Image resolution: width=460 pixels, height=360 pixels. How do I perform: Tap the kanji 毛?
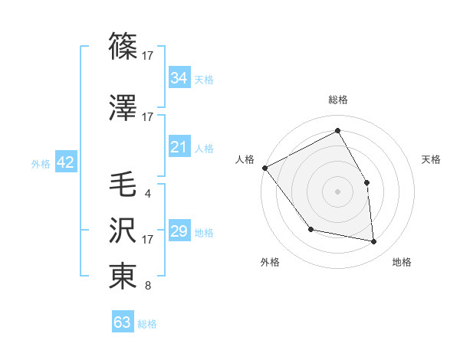[x=123, y=185]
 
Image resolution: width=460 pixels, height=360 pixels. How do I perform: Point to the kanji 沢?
[x=123, y=231]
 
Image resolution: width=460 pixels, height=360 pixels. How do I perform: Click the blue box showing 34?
[x=179, y=77]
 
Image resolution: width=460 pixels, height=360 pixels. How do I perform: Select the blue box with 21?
[x=179, y=147]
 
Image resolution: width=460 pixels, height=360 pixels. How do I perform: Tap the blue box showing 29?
[x=179, y=231]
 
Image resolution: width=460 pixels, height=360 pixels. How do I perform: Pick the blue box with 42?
[x=64, y=162]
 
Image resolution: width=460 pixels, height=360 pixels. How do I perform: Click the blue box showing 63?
[x=123, y=322]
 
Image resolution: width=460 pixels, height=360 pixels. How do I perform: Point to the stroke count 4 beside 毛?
[x=147, y=193]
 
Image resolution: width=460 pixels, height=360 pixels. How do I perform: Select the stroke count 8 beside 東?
[x=147, y=286]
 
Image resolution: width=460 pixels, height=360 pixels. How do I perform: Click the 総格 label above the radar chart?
[x=337, y=100]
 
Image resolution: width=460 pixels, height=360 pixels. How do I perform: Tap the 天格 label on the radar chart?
[x=431, y=159]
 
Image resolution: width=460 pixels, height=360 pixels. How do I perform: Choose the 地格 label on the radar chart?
[x=402, y=262]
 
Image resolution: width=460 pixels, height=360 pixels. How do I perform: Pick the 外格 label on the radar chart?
[x=270, y=262]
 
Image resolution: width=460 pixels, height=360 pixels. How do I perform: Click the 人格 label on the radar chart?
[x=245, y=159]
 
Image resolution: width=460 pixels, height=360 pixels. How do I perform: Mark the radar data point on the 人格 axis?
[x=264, y=168]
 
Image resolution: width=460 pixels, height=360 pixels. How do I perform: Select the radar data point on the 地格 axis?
[x=374, y=242]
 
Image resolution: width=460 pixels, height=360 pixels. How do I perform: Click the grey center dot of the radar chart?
[x=337, y=191]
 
